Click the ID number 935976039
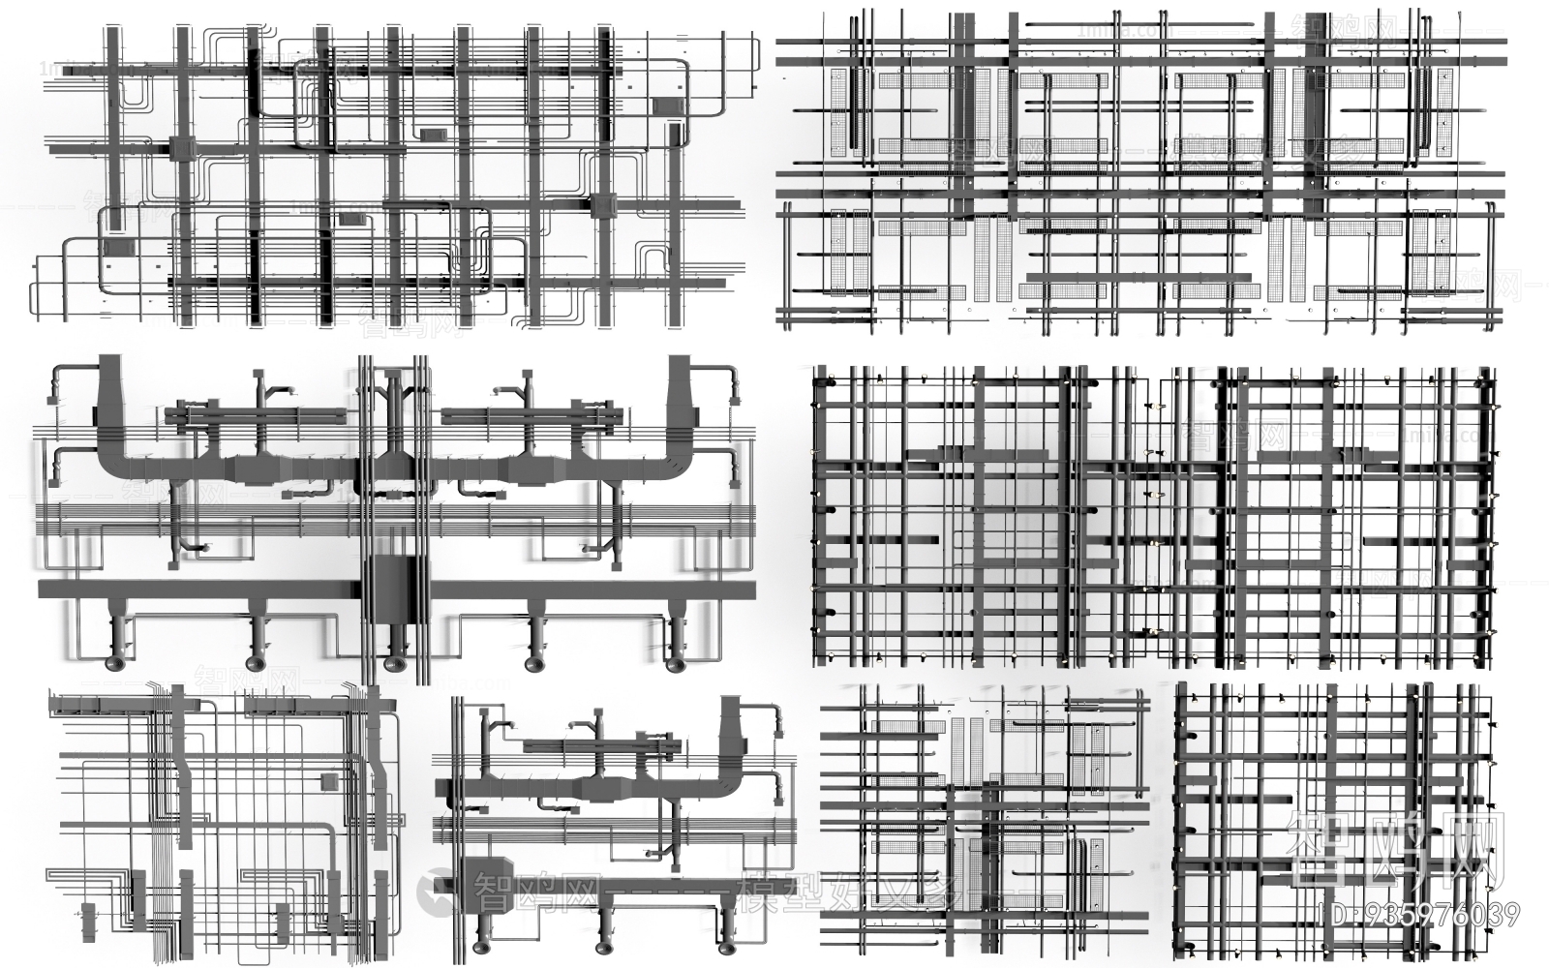pyautogui.click(x=1420, y=915)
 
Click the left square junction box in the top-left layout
pyautogui.click(x=183, y=148)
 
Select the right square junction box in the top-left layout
pyautogui.click(x=603, y=204)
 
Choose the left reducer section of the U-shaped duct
pyautogui.click(x=250, y=469)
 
